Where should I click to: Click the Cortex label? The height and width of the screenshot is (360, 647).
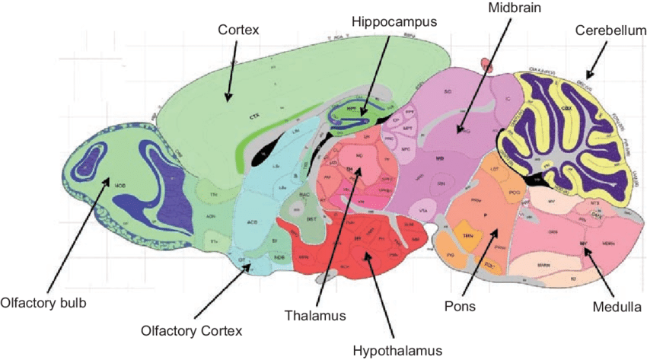coord(239,30)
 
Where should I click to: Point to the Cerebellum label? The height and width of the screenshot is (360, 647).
coord(603,31)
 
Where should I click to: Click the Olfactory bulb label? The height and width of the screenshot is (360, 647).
coord(43,303)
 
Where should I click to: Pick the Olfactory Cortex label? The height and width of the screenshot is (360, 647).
coord(191,330)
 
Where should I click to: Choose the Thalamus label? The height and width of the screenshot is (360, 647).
coord(315,314)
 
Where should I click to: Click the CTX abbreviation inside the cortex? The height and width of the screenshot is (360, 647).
coord(254,117)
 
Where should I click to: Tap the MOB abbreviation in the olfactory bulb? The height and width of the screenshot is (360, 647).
coord(120,185)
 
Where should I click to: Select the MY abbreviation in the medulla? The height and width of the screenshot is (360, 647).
coord(583,243)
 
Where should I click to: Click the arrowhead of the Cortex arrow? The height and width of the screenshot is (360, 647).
coord(227,99)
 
